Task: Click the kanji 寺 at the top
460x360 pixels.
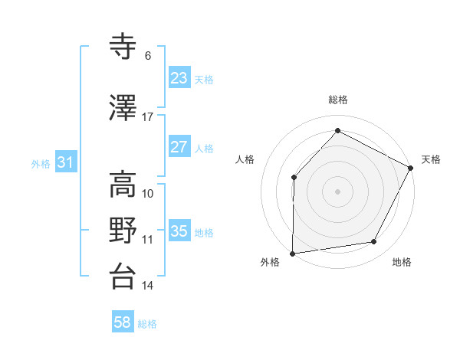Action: tap(123, 47)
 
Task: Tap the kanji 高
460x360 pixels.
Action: tap(123, 185)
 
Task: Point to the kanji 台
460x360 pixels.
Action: tap(123, 277)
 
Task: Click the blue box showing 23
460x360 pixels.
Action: tap(179, 78)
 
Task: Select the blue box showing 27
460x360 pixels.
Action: tap(179, 147)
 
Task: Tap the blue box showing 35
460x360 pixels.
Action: tap(179, 231)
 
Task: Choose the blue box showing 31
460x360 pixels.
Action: tap(65, 162)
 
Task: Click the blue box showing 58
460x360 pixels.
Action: tap(123, 323)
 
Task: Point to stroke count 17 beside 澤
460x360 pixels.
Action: tap(148, 117)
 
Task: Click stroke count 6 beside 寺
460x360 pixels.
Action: tap(148, 56)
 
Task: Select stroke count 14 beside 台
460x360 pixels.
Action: tap(148, 286)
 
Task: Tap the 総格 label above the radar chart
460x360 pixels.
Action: tap(337, 100)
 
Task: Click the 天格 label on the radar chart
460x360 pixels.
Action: tap(431, 159)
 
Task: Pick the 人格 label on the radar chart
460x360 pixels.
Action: tap(245, 159)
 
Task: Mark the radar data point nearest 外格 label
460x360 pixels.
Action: tap(292, 253)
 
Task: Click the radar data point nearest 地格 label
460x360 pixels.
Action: tap(374, 242)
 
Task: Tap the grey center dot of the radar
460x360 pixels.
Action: tap(337, 191)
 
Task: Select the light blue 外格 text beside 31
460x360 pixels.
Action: tap(41, 163)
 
